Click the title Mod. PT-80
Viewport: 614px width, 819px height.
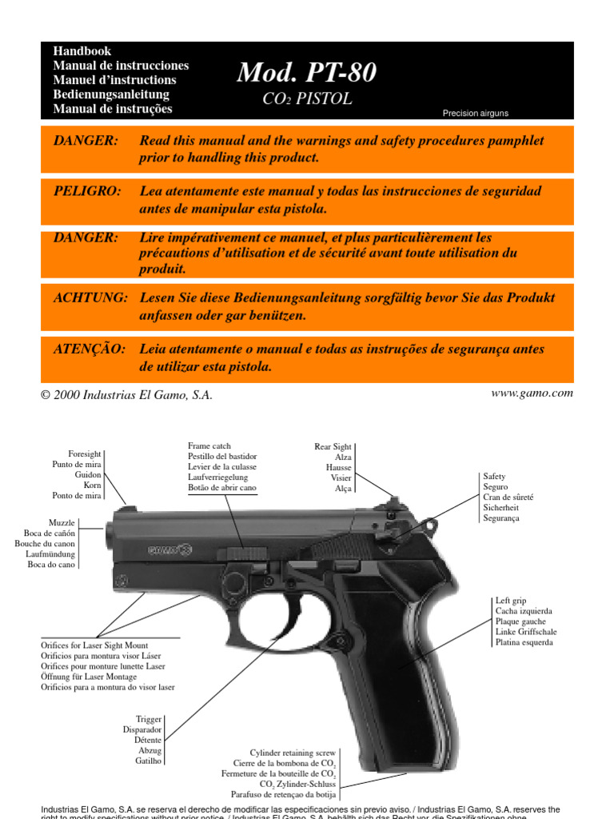306,74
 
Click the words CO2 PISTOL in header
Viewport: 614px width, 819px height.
307,99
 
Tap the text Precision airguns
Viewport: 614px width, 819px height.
475,114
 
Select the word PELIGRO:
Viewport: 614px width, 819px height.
87,191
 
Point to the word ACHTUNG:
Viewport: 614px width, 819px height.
90,298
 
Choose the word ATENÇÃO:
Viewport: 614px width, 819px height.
90,350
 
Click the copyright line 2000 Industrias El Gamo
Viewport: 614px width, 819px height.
127,395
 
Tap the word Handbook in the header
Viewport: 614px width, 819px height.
82,51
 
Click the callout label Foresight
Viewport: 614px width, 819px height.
84,454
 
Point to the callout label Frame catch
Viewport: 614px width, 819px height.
209,445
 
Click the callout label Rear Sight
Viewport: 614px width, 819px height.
332,447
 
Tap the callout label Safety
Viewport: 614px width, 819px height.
494,477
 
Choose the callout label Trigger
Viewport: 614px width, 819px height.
149,720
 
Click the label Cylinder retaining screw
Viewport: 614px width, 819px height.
293,753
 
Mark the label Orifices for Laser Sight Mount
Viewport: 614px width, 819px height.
94,645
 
